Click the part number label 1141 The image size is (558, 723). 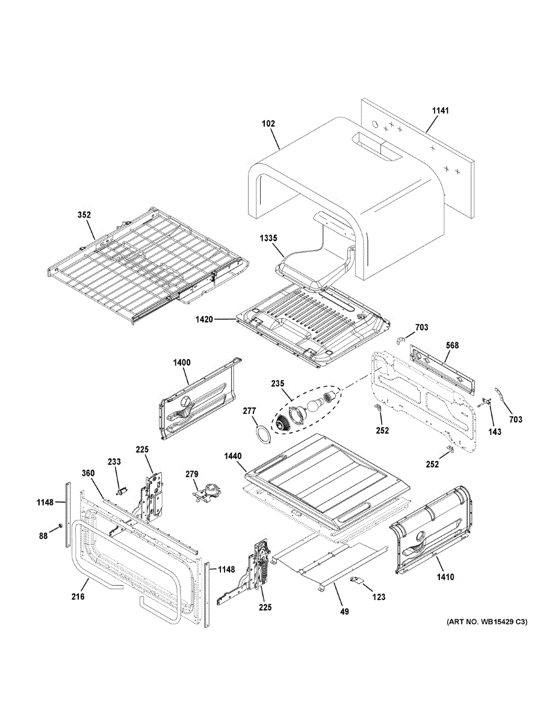pos(441,111)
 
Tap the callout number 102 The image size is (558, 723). pos(268,124)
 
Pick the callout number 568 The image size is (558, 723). pos(452,346)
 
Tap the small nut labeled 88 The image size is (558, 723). pos(61,527)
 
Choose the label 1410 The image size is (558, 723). pos(446,577)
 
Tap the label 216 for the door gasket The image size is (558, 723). pos(78,596)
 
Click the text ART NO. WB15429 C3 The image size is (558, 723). pos(486,621)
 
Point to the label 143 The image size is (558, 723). pos(494,432)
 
